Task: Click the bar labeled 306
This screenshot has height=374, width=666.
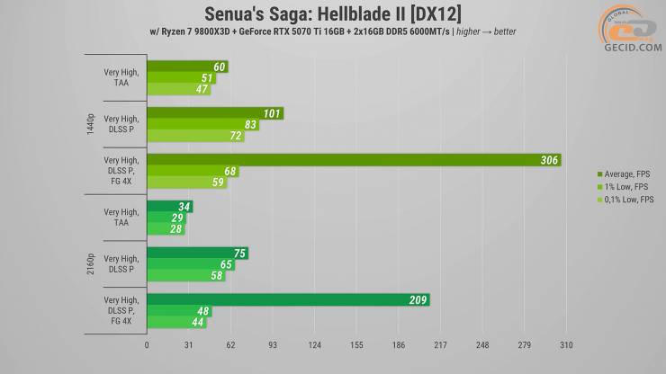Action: [354, 160]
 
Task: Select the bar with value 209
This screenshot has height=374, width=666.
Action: [288, 299]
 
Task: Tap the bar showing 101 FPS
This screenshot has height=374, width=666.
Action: [215, 113]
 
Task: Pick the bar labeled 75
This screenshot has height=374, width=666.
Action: [197, 253]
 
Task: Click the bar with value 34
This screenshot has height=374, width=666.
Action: [169, 207]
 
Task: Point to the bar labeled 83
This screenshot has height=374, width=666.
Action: [203, 125]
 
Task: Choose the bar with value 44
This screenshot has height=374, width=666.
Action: [176, 322]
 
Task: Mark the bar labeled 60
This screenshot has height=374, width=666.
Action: [187, 67]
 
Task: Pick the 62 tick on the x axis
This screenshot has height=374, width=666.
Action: [230, 344]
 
